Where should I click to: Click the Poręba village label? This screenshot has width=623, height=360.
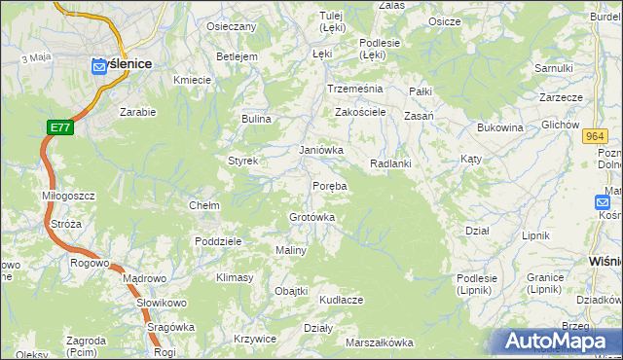(x=329, y=185)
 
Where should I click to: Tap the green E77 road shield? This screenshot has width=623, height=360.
(x=59, y=127)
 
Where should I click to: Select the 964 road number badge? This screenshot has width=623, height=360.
(x=597, y=137)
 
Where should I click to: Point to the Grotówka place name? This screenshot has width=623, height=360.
(x=312, y=217)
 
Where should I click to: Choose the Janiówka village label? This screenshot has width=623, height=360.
(x=321, y=150)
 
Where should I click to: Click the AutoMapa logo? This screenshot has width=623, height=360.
(x=558, y=342)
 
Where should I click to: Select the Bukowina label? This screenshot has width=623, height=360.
(x=500, y=127)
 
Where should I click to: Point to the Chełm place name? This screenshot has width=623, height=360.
(x=203, y=205)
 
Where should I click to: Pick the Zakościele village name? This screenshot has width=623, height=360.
(x=361, y=112)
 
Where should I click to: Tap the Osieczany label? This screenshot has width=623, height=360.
(x=232, y=26)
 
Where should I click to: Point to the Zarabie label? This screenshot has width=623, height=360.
(x=137, y=112)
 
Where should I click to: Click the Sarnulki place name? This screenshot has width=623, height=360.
(x=553, y=68)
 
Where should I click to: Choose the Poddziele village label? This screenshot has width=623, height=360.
(x=218, y=241)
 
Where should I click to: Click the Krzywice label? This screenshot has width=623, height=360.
(x=256, y=339)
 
